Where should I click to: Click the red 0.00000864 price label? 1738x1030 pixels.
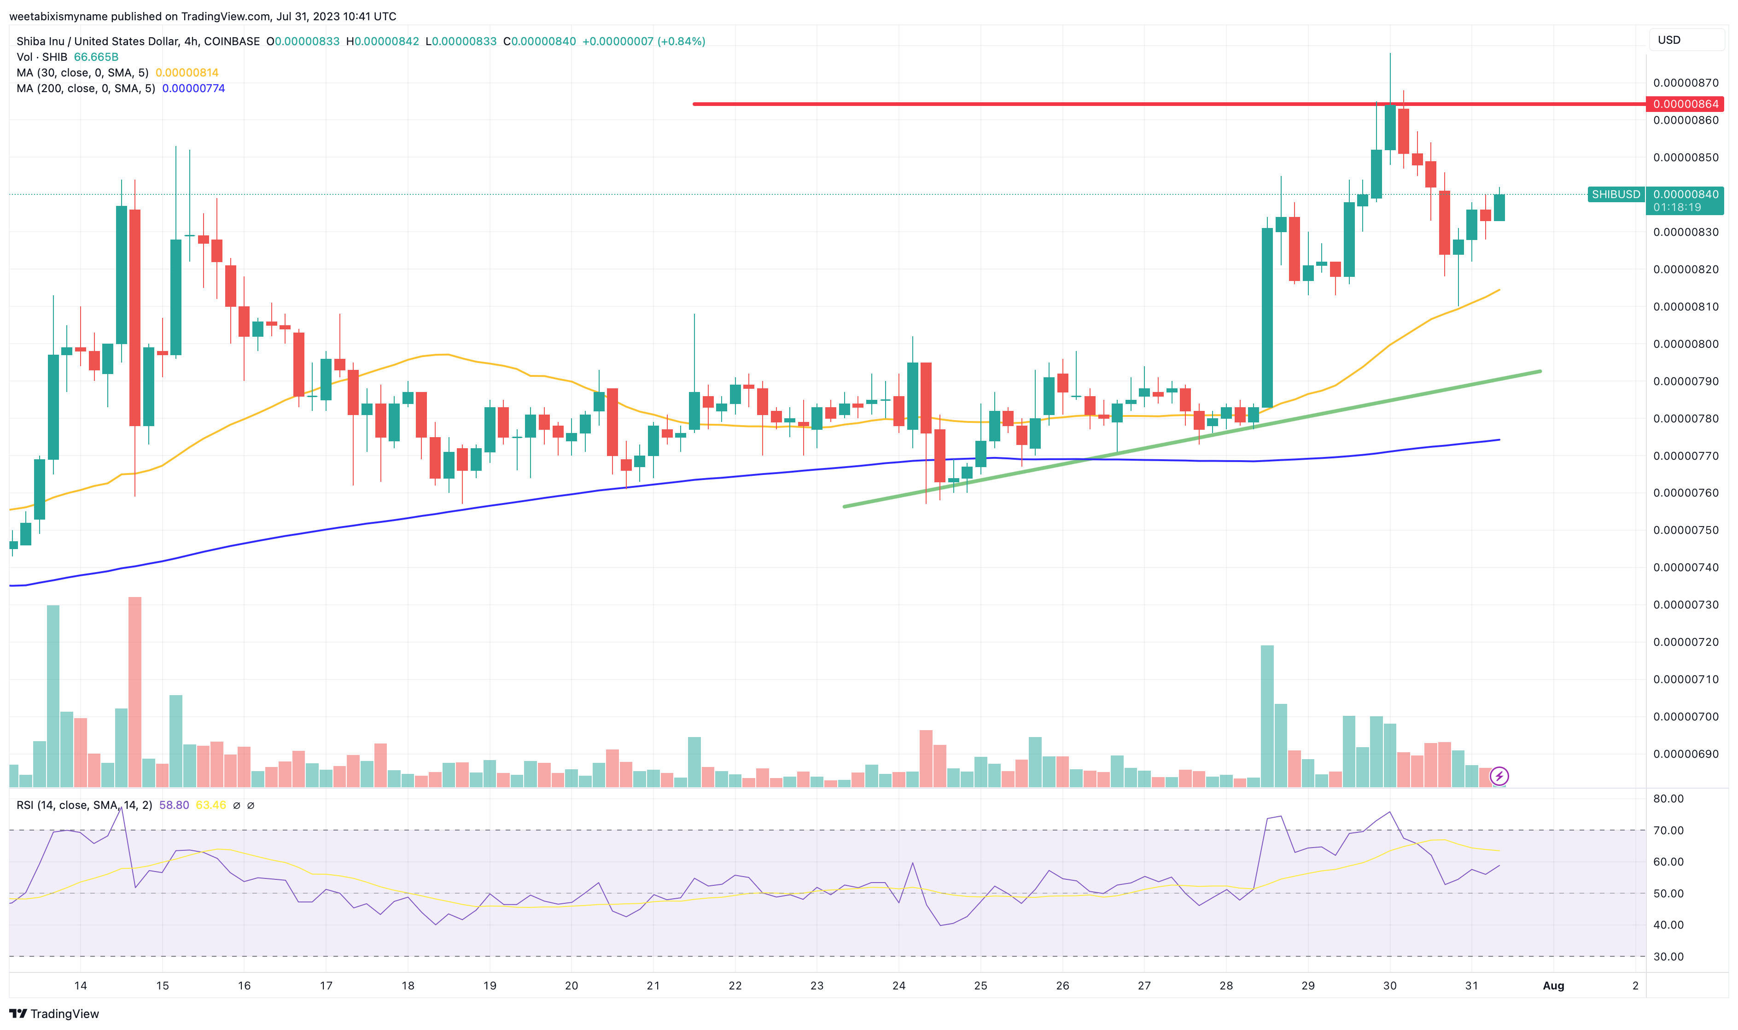(x=1685, y=104)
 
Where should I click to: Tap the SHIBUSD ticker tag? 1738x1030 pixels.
(x=1615, y=194)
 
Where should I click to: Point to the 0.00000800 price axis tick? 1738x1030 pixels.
(x=1685, y=344)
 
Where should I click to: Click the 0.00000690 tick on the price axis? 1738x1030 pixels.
(x=1685, y=754)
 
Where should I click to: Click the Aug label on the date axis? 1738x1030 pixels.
(x=1553, y=986)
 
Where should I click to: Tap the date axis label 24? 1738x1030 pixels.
(x=898, y=986)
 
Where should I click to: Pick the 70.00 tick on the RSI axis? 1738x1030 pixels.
(x=1668, y=830)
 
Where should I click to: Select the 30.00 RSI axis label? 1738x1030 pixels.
(x=1668, y=956)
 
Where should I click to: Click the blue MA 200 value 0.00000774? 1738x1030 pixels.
(x=193, y=88)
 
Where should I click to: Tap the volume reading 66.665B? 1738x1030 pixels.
(x=96, y=57)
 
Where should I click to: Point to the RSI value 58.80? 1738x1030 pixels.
(x=174, y=805)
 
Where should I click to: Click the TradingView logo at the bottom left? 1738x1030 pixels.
(x=54, y=1014)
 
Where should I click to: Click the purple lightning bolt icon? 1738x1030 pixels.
(x=1499, y=776)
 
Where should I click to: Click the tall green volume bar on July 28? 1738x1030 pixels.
(x=1267, y=715)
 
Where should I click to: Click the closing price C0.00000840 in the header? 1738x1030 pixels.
(x=539, y=41)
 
